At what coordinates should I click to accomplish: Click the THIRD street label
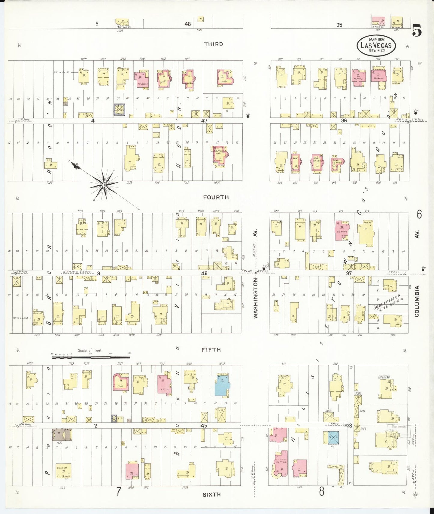click(x=214, y=44)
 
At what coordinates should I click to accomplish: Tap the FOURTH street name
click(x=216, y=197)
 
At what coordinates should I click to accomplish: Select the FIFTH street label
click(x=211, y=350)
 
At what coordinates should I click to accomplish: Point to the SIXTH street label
click(x=211, y=495)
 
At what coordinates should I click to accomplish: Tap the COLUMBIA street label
click(x=417, y=301)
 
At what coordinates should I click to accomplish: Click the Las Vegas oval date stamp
click(x=376, y=45)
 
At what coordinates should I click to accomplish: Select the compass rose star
click(x=104, y=185)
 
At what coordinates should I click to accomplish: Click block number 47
click(x=204, y=121)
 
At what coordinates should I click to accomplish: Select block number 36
click(x=344, y=121)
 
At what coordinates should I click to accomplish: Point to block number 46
click(x=204, y=273)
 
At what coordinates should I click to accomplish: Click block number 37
click(x=349, y=273)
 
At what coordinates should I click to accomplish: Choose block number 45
click(x=204, y=426)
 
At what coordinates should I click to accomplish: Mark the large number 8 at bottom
click(x=322, y=491)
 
